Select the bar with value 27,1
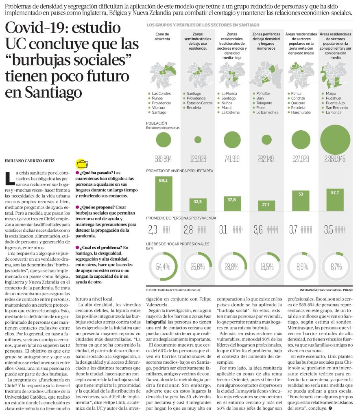pos(266,204)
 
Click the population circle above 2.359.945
pos(335,140)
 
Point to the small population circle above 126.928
pos(198,140)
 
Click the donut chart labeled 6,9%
pos(301,267)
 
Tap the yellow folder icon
pos(82,164)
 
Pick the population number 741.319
pos(232,159)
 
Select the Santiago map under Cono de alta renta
pos(163,75)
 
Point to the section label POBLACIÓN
pos(157,123)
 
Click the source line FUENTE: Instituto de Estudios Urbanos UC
pos(174,290)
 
